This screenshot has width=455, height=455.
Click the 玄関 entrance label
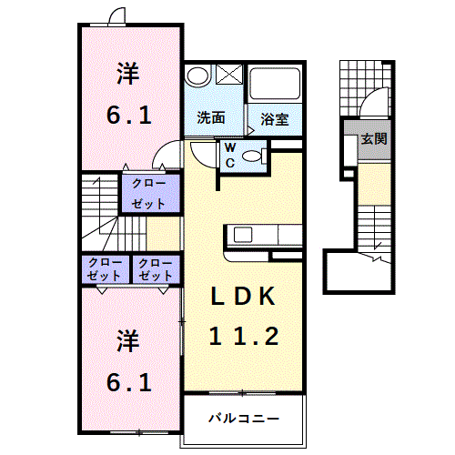click(372, 139)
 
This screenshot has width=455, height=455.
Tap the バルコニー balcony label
click(242, 420)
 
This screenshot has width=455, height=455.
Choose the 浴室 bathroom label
click(274, 118)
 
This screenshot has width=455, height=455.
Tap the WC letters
click(230, 154)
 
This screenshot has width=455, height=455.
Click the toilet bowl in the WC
click(258, 157)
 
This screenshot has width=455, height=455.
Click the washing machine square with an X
click(228, 76)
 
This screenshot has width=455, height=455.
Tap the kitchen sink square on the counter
click(245, 234)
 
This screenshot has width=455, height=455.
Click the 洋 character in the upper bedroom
click(127, 71)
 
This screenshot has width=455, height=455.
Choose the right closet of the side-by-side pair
click(157, 268)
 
